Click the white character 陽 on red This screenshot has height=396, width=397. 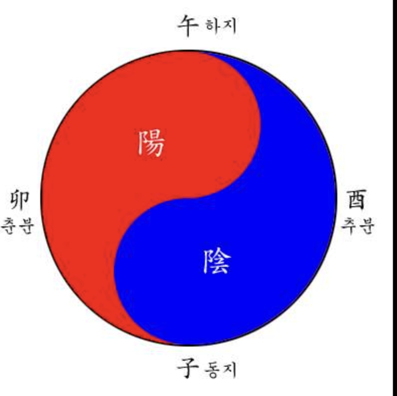[151, 143]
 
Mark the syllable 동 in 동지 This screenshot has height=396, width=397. [213, 369]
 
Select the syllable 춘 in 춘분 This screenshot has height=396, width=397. [8, 225]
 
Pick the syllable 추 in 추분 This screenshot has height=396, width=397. [349, 225]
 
